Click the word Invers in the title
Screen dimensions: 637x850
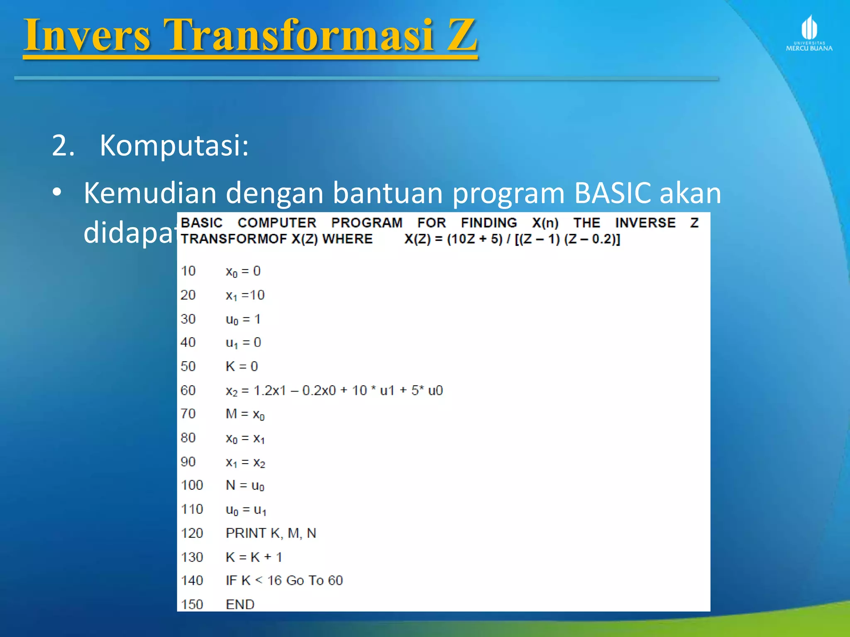click(x=87, y=36)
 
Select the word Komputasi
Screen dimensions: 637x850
click(x=174, y=146)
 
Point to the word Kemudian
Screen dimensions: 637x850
click(x=150, y=193)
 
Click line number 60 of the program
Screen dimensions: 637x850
click(x=188, y=390)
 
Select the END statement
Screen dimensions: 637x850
click(x=240, y=604)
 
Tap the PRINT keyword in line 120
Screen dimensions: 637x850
click(x=246, y=533)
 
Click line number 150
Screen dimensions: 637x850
click(x=192, y=604)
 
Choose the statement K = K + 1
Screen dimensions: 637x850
click(x=254, y=557)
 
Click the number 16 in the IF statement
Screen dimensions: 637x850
click(x=274, y=581)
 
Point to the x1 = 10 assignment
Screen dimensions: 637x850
click(x=245, y=295)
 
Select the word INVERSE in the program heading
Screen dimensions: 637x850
click(x=645, y=223)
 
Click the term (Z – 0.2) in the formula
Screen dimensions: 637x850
click(x=592, y=239)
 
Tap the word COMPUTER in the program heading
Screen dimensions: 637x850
click(x=277, y=223)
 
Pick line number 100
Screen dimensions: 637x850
click(x=192, y=485)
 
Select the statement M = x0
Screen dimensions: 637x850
click(x=245, y=414)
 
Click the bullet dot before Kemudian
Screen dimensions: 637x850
click(x=57, y=192)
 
